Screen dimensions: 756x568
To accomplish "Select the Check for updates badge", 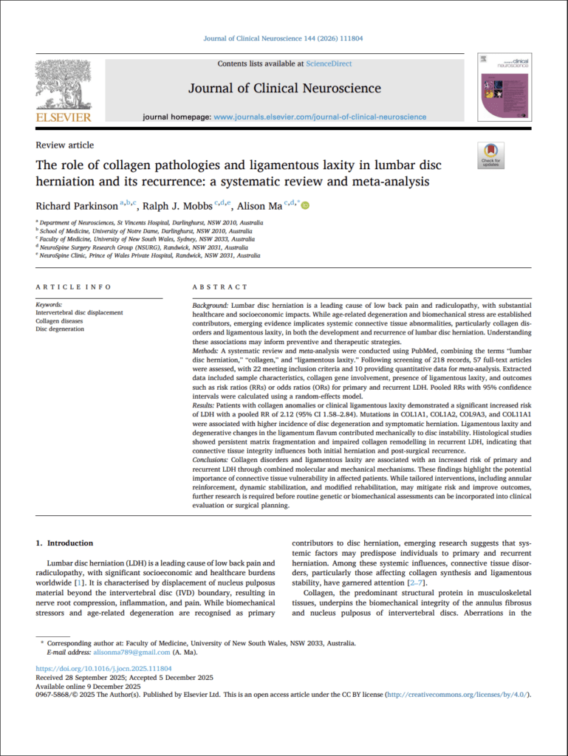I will [490, 156].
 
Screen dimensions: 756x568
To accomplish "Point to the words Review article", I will [65, 145].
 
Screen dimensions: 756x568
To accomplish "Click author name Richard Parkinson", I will [76, 205].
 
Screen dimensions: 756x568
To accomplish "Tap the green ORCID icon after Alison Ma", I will [304, 205].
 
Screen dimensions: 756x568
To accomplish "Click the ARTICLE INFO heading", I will [73, 286].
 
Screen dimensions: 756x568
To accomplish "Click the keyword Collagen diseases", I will [60, 321].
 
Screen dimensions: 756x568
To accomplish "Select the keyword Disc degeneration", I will [60, 329].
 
